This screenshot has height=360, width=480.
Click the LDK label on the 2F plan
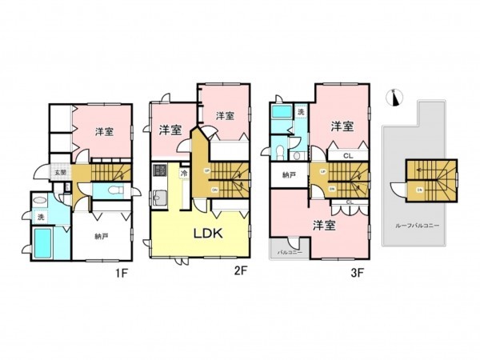pyautogui.click(x=209, y=233)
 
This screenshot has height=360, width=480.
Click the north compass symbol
pyautogui.click(x=393, y=98)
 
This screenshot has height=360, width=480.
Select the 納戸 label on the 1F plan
pyautogui.click(x=101, y=236)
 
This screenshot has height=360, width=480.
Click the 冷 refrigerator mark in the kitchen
pyautogui.click(x=184, y=173)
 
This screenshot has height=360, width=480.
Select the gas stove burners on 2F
pyautogui.click(x=158, y=170)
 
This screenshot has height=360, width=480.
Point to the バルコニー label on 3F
pyautogui.click(x=288, y=251)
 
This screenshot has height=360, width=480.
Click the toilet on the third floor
pyautogui.click(x=278, y=150)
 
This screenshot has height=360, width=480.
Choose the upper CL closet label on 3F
pyautogui.click(x=349, y=156)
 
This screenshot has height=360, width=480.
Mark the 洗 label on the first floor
pyautogui.click(x=40, y=216)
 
